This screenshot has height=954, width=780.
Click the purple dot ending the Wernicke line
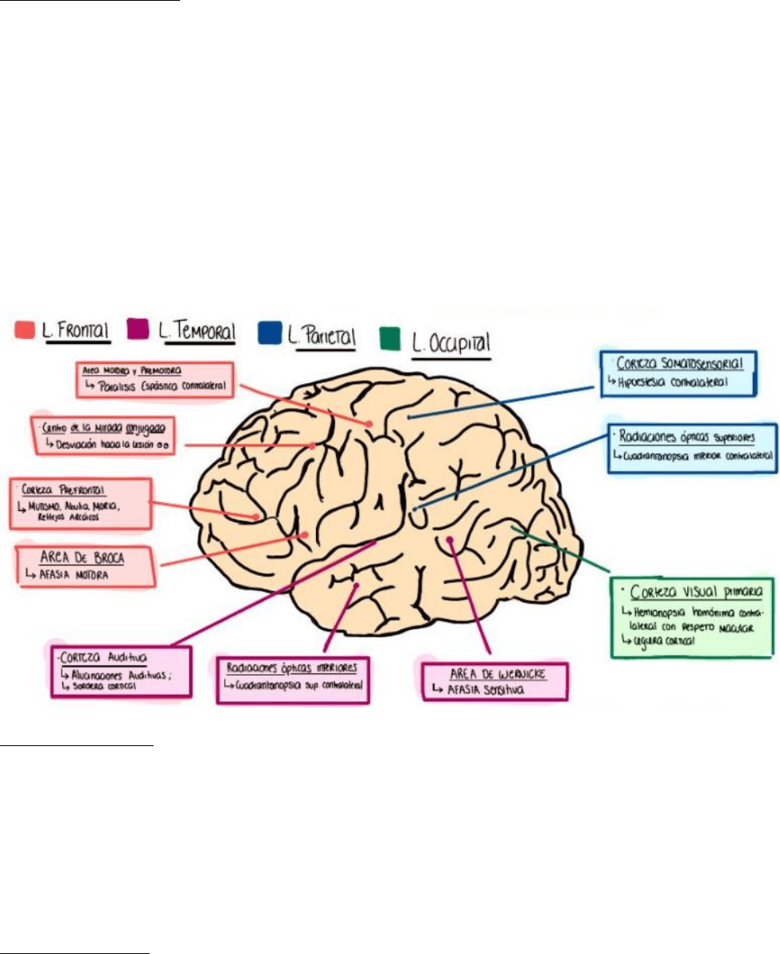coord(451,540)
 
